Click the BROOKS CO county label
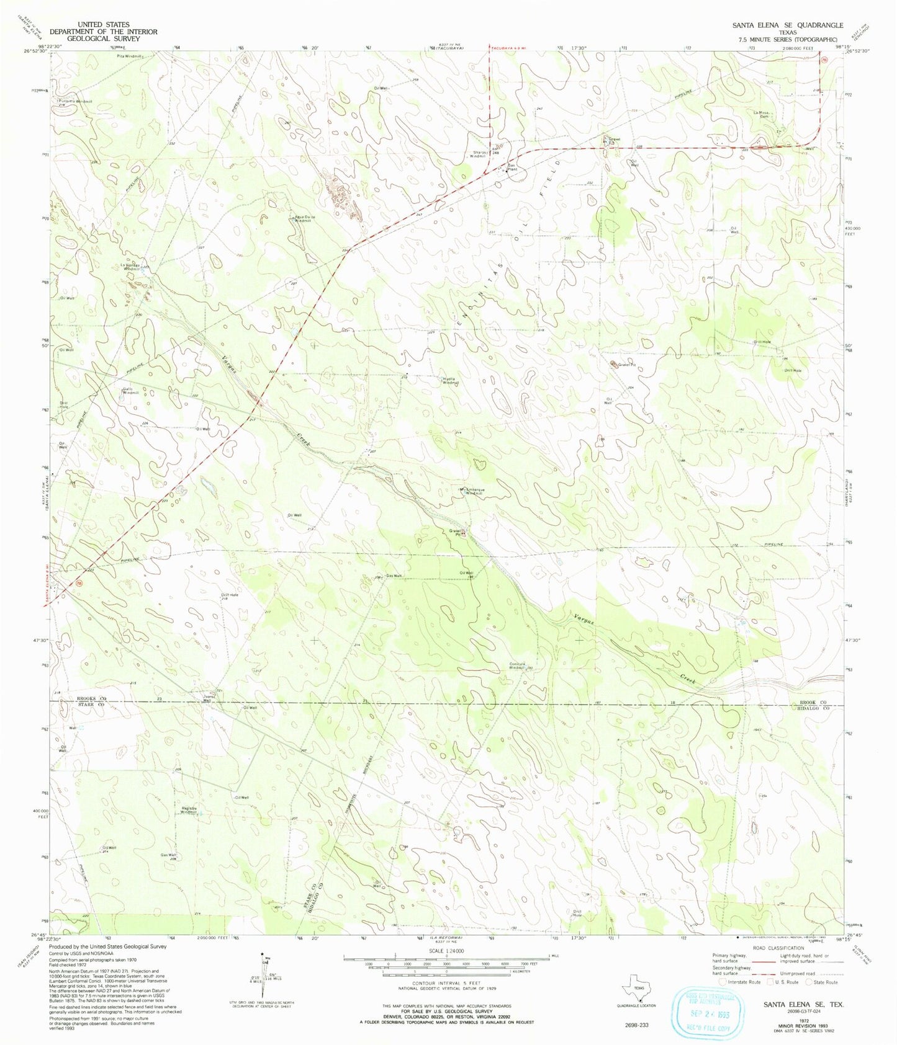click(x=92, y=698)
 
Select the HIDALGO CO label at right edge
click(x=815, y=708)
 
